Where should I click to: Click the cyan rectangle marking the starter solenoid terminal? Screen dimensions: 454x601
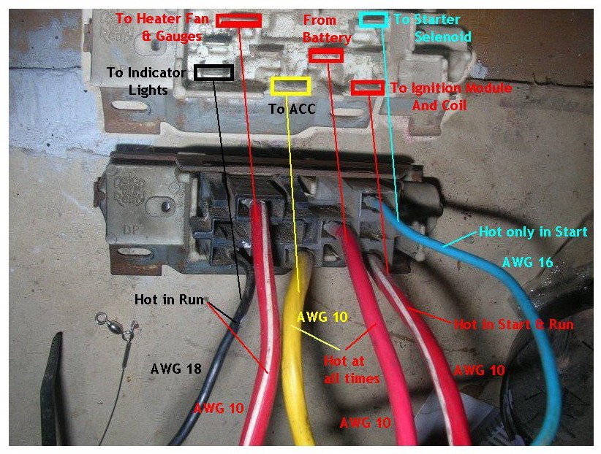pos(374,20)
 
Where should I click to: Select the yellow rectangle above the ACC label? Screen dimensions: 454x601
pos(290,85)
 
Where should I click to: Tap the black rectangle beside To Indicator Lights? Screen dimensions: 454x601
pos(213,72)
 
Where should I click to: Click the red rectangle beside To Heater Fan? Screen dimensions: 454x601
pos(238,20)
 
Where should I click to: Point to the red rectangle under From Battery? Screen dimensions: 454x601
pos(325,55)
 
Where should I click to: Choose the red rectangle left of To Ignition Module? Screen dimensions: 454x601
pos(367,88)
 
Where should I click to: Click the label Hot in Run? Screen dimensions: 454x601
pos(169,299)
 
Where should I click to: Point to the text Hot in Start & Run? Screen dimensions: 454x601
pos(514,324)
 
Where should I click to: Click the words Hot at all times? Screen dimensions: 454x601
pos(352,369)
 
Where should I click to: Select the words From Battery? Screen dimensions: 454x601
pos(326,28)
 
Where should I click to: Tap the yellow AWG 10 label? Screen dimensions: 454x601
pos(321,318)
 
